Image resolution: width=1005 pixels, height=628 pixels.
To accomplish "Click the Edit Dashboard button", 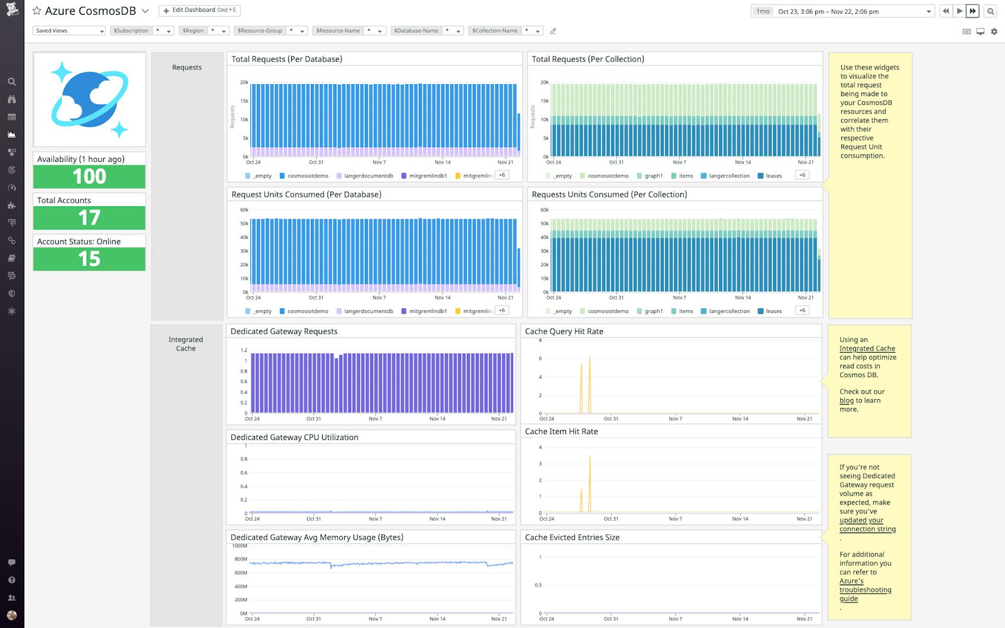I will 199,11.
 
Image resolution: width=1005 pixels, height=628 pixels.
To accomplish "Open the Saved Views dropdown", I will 69,31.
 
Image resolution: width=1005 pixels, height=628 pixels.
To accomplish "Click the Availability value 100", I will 89,177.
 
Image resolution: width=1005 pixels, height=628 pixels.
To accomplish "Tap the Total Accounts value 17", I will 89,218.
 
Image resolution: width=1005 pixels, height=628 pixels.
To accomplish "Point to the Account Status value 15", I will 89,259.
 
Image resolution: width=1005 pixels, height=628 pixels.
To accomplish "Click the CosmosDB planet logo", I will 89,100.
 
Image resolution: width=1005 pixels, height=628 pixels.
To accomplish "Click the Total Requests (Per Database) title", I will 287,59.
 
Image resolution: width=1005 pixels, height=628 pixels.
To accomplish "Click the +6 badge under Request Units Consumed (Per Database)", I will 502,310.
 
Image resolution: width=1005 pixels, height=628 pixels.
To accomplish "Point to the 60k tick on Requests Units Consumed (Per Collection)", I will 544,210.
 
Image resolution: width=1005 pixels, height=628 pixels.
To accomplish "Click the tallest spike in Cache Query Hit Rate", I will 590,358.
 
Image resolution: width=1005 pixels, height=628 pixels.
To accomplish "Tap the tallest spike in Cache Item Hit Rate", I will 590,457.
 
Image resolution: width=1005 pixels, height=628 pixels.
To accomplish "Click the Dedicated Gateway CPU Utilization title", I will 294,438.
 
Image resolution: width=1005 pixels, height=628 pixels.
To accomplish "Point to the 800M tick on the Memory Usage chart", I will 240,559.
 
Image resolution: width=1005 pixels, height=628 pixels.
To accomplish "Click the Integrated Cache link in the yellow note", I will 867,349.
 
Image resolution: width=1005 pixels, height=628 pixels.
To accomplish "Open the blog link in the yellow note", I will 846,401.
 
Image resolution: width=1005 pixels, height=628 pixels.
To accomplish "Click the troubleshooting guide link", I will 864,590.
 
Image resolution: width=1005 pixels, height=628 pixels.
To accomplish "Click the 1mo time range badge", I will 763,11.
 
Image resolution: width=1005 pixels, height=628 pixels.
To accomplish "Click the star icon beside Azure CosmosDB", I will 37,11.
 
